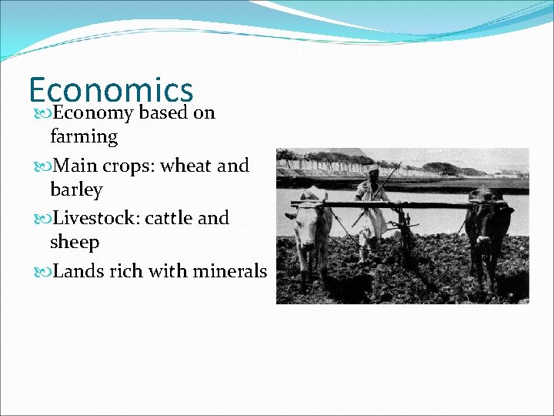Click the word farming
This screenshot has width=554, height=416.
coord(84,138)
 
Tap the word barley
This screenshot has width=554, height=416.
coord(76,190)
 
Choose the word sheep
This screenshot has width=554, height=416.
coord(75,243)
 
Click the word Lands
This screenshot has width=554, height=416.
coord(79,271)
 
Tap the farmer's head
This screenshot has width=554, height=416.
coord(373,171)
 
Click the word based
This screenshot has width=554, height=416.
coord(163,113)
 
